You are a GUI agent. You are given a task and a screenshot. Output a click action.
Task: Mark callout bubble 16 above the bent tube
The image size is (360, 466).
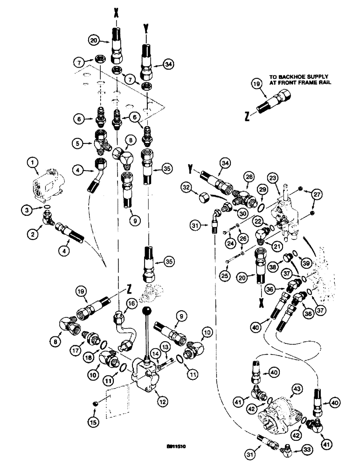(132, 303)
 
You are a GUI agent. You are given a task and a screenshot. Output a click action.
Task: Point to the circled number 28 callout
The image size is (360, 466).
(249, 178)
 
